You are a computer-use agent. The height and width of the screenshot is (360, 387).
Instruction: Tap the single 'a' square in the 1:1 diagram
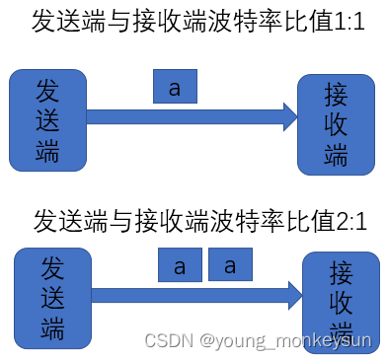(176, 88)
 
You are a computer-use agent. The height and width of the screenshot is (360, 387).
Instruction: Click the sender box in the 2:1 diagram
(51, 295)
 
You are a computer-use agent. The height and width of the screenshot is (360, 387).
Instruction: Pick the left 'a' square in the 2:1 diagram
(180, 265)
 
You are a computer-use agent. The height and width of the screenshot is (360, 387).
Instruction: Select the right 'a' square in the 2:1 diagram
(230, 265)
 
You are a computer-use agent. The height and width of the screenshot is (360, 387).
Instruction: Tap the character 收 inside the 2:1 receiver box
(342, 302)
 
